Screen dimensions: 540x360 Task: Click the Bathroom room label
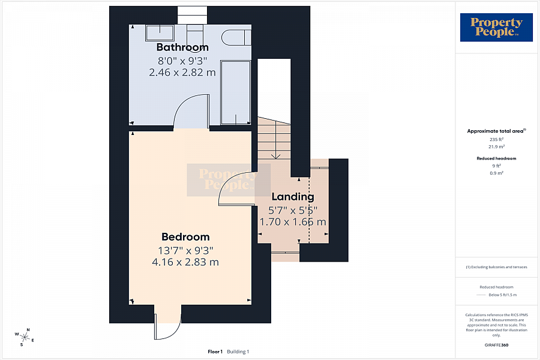[182, 47]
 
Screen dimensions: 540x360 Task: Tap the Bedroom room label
[185, 236]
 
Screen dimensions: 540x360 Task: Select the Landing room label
[293, 197]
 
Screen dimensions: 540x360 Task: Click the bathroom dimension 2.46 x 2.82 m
[182, 73]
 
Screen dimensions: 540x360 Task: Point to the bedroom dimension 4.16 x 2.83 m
[185, 262]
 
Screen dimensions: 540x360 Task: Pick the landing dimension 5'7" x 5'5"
[293, 210]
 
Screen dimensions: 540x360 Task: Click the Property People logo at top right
[496, 27]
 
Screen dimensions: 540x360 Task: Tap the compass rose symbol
[25, 337]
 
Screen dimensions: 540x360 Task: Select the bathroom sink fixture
[160, 33]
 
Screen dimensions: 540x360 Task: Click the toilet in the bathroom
[236, 38]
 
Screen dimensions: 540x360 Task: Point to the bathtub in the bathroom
[236, 92]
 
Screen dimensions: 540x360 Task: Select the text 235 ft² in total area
[496, 139]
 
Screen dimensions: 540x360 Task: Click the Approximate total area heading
[496, 131]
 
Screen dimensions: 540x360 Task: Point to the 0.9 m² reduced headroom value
[496, 173]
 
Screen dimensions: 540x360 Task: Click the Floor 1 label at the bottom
[215, 352]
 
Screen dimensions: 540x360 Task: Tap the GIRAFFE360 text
[496, 345]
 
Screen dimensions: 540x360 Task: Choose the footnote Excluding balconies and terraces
[496, 267]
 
